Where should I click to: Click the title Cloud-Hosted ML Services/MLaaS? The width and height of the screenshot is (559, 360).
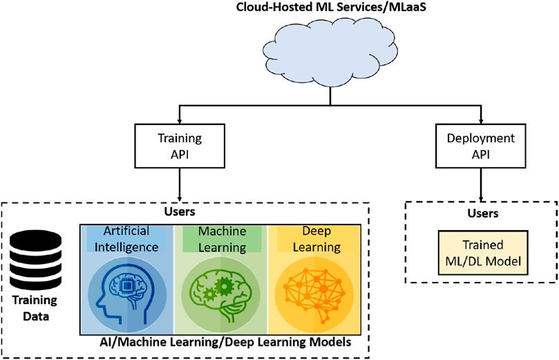(331, 6)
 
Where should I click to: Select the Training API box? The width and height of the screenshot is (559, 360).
(180, 146)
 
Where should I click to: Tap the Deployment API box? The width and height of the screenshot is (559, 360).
(480, 146)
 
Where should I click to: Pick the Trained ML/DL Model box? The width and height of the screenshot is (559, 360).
(483, 253)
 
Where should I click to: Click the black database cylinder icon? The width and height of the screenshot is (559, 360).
(35, 260)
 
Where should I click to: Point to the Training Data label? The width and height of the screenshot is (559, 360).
(35, 308)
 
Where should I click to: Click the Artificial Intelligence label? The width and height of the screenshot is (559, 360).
(126, 239)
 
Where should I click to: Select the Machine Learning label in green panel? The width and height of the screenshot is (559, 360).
(222, 239)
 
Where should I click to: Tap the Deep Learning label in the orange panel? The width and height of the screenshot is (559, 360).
(316, 239)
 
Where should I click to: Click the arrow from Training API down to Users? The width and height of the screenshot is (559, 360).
(180, 184)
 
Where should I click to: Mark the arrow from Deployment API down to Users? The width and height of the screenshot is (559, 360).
(481, 184)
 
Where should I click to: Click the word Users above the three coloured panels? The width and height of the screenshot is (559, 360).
(180, 211)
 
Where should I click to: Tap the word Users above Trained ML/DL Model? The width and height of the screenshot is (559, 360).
(483, 213)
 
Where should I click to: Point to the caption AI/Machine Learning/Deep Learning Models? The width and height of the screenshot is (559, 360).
(225, 342)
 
